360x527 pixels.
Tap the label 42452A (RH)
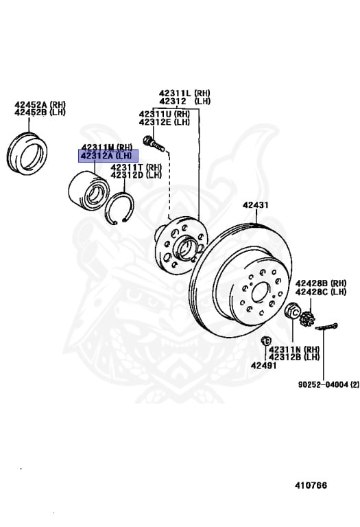(40, 105)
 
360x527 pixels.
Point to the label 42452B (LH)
(40, 113)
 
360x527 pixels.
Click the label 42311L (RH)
(184, 93)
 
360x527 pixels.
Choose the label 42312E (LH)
(164, 122)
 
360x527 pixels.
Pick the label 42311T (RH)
(136, 167)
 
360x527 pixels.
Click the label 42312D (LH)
(136, 175)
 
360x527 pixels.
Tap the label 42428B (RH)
(321, 283)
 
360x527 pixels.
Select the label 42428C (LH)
(321, 291)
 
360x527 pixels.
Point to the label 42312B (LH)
(293, 357)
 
